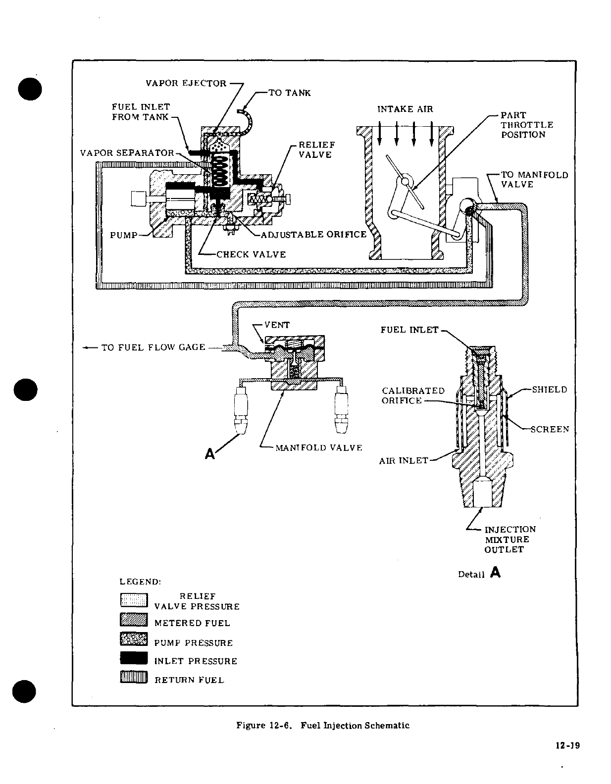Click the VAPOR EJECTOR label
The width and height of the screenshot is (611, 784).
(x=186, y=83)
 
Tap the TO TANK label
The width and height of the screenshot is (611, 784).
(x=289, y=93)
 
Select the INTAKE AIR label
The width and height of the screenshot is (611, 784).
(x=405, y=109)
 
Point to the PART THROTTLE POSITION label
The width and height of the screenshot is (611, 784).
(x=526, y=125)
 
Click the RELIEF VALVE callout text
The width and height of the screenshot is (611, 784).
(x=316, y=149)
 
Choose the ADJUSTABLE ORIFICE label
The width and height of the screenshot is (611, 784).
(x=313, y=234)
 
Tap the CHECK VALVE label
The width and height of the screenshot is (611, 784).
(x=251, y=254)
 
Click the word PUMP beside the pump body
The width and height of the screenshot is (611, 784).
(x=123, y=235)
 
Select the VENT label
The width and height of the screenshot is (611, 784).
(x=277, y=325)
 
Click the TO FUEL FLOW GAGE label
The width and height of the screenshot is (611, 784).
(x=153, y=347)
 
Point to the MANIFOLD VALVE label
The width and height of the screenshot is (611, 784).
(x=318, y=447)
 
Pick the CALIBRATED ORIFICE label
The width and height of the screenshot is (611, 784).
(x=413, y=395)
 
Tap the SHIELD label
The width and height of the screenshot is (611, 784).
(x=549, y=390)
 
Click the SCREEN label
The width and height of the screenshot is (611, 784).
(x=550, y=429)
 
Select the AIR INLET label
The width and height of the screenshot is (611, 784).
(x=404, y=460)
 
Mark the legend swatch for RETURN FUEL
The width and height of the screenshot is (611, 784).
(x=134, y=677)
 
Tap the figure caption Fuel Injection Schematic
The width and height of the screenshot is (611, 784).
(x=323, y=726)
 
